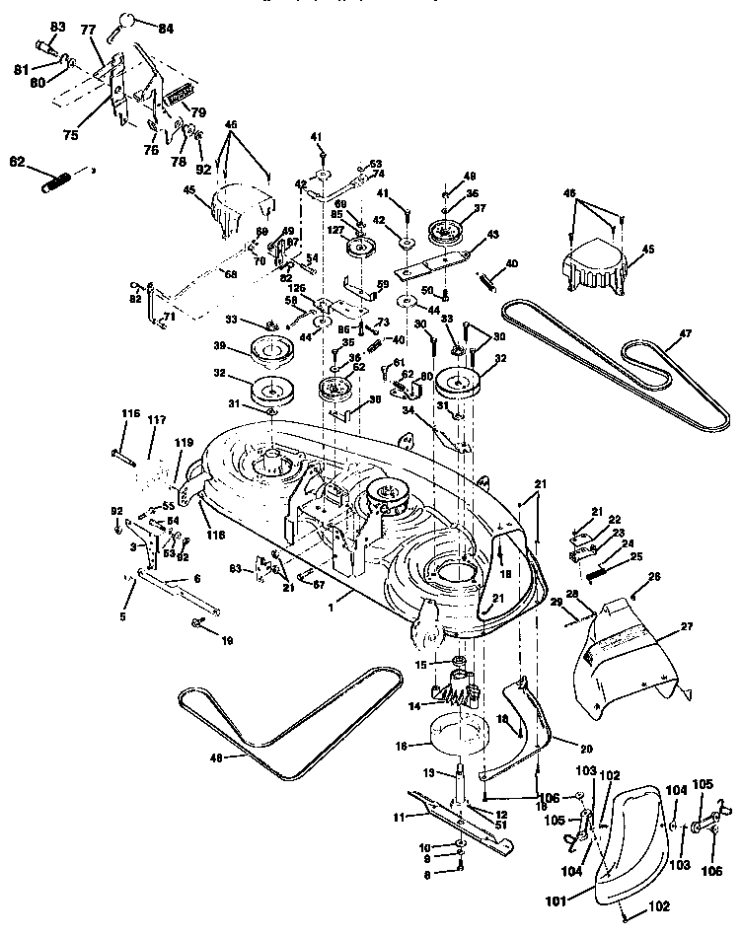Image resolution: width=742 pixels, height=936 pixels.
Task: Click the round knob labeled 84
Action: tap(129, 19)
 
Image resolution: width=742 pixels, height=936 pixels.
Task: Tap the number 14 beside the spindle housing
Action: tap(415, 705)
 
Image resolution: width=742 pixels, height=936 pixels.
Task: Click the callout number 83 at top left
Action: tap(57, 26)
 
